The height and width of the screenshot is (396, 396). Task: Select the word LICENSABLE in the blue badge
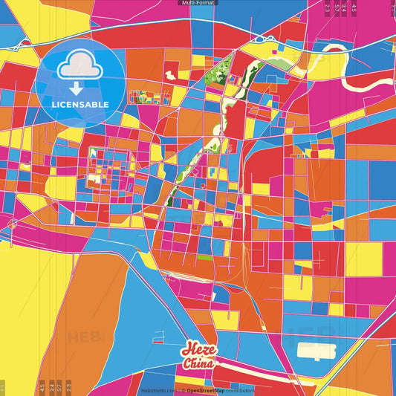tap(80, 104)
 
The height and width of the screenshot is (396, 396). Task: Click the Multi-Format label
tap(198, 3)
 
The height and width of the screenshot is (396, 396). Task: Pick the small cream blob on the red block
tap(171, 75)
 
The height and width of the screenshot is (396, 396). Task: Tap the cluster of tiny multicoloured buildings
tap(140, 97)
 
